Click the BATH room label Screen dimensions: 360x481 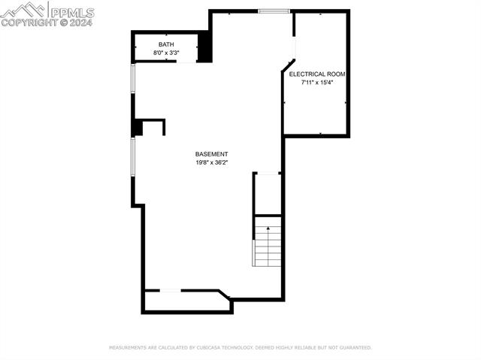point(165,45)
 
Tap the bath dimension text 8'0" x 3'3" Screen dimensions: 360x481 point(165,53)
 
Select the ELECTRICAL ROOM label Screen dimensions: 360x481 point(317,74)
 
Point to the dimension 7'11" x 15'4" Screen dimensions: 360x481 point(317,83)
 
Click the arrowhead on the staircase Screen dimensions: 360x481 point(268,227)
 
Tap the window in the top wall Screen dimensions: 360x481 point(274,11)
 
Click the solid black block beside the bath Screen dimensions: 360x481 point(204,47)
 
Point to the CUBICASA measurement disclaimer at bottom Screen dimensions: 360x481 point(240,348)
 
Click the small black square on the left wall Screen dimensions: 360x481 point(137,128)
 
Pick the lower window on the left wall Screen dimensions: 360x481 point(132,158)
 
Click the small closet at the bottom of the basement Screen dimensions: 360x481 point(186,301)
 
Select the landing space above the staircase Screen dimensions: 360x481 point(268,194)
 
